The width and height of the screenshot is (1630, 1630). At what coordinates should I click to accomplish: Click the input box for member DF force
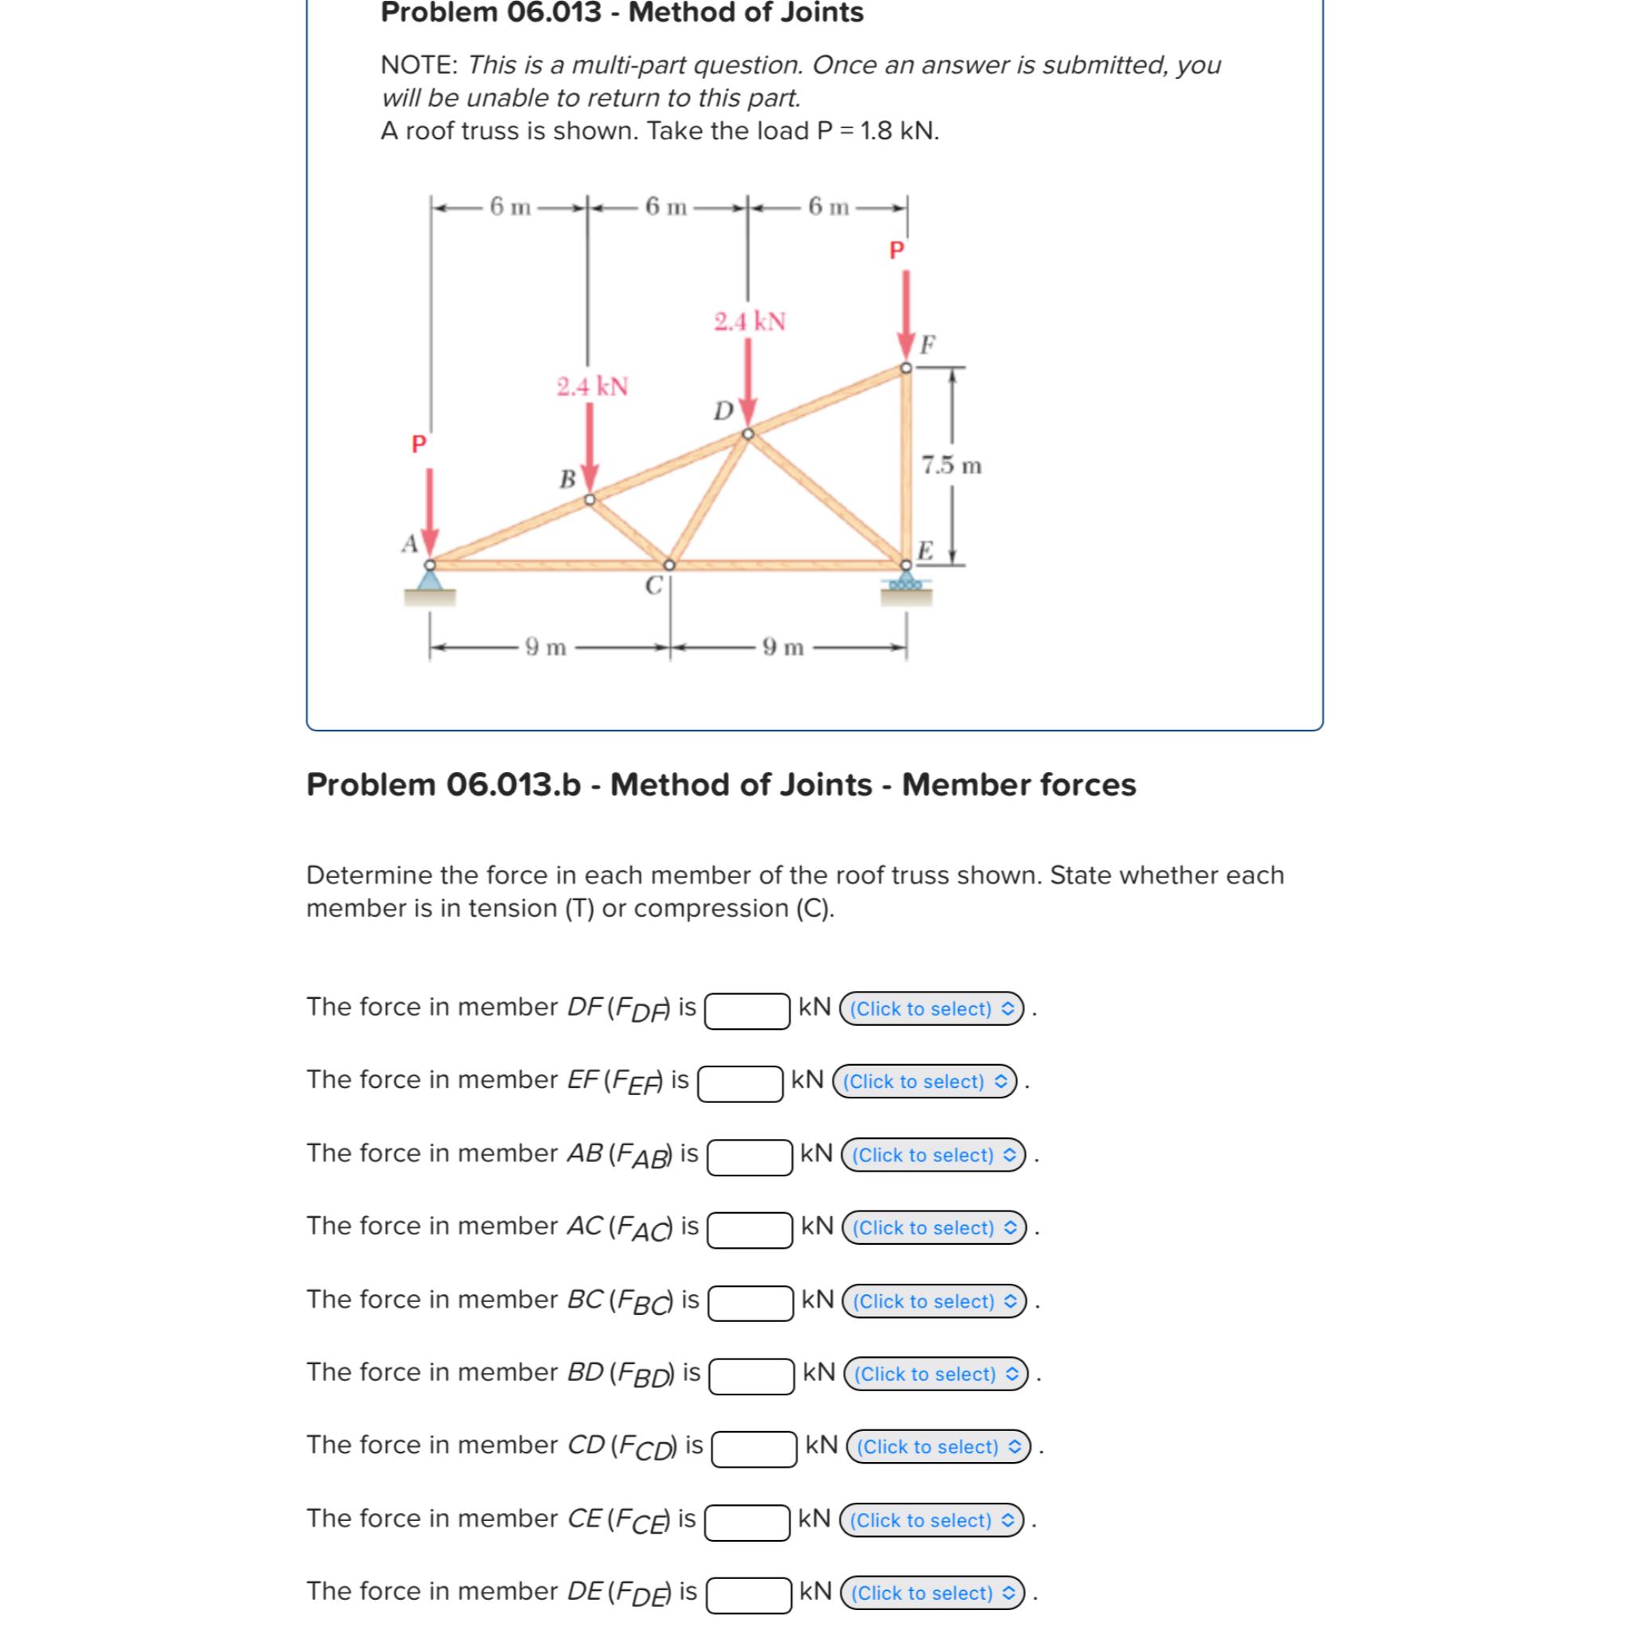747,1011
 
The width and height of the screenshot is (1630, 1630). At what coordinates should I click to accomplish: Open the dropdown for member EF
925,1082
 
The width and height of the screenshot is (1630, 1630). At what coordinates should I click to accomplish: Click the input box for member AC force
749,1229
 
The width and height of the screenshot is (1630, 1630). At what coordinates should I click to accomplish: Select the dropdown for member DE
932,1593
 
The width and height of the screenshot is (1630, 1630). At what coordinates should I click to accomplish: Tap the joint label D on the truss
723,411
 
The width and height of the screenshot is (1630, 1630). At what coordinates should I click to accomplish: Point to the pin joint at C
669,564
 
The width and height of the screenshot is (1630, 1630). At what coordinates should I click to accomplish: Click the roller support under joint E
906,582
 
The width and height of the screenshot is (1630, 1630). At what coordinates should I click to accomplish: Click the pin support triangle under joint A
431,579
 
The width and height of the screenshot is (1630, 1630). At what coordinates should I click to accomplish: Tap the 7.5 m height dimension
952,466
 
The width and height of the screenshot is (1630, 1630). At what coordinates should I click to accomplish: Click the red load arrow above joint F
906,312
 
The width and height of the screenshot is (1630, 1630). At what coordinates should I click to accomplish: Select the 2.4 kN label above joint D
749,322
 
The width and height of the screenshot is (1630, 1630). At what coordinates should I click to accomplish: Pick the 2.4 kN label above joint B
592,386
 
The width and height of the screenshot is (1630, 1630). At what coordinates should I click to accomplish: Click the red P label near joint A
419,444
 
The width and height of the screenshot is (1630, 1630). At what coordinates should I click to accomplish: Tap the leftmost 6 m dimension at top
510,207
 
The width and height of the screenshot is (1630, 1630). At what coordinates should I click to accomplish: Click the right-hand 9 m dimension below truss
783,647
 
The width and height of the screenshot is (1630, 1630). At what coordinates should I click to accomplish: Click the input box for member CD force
754,1449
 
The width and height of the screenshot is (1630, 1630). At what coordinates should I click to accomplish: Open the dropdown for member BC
934,1301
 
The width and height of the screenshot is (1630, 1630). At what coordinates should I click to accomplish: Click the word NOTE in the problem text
419,65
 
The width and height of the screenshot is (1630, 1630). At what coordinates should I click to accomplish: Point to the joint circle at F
906,368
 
